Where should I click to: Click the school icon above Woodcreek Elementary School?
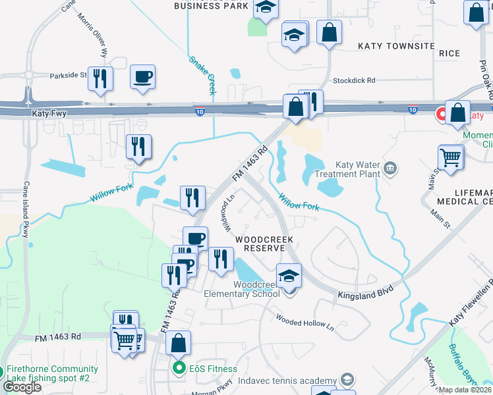coord(289,276)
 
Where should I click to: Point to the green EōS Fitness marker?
coord(178,367)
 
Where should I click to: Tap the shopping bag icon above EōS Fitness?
coord(178,343)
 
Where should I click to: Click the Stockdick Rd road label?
coord(354,80)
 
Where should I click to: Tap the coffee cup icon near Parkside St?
coord(142,77)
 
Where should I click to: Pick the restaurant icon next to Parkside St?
coord(100,78)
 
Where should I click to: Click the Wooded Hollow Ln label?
coord(305,323)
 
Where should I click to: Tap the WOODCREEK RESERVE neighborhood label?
coord(264,244)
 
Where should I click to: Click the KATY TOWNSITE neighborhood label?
coord(396,46)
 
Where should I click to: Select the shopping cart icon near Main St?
coord(451,158)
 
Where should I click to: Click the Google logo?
coord(22,387)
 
